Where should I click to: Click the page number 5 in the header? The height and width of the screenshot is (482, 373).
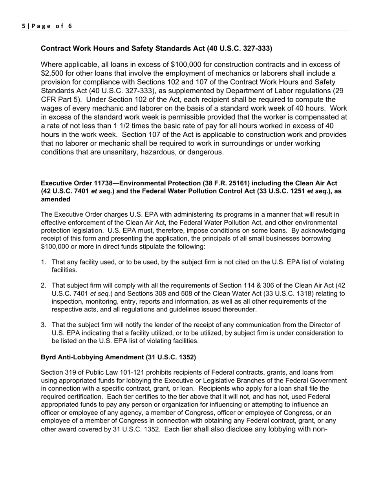click(x=24, y=26)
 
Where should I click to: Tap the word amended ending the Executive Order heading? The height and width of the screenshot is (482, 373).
click(x=56, y=199)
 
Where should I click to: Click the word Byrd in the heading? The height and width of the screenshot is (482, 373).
click(x=48, y=357)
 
